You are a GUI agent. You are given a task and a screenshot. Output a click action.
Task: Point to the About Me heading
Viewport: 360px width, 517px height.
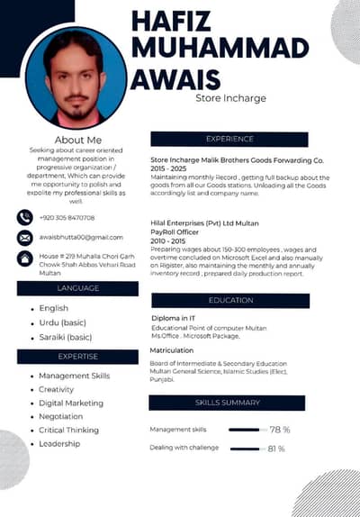click(x=78, y=140)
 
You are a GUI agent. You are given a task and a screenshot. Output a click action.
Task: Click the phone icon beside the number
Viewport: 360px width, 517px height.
click(x=25, y=217)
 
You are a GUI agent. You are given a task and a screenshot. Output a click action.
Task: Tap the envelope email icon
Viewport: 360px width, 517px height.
click(x=25, y=237)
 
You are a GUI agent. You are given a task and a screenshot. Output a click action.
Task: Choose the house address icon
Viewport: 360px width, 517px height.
click(x=25, y=258)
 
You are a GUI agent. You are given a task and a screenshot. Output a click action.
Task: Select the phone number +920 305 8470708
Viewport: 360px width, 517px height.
click(x=67, y=217)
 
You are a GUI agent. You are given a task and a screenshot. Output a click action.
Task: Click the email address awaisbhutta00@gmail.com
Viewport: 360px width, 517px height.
click(x=81, y=237)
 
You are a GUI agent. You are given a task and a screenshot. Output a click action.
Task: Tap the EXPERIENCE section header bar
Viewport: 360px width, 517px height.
click(x=230, y=139)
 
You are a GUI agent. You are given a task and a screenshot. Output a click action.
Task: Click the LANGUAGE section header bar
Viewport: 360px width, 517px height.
click(x=77, y=288)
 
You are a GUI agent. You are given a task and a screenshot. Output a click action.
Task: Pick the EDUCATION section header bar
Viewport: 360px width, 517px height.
click(x=230, y=300)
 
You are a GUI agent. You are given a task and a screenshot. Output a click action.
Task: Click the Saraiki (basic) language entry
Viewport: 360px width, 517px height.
click(x=66, y=337)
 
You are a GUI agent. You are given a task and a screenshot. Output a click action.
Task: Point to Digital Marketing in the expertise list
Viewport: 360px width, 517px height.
click(x=71, y=403)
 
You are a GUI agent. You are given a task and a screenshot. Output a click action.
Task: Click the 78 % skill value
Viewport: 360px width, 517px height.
click(x=278, y=430)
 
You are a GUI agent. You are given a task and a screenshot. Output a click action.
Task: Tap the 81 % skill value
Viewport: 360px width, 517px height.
click(x=276, y=448)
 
